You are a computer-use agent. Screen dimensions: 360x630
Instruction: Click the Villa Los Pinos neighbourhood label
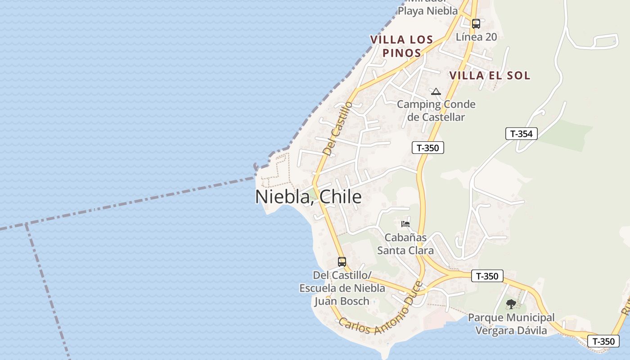click(401, 46)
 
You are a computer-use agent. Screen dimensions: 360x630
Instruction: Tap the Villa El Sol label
click(490, 76)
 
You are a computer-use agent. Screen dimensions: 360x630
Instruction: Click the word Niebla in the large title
click(282, 197)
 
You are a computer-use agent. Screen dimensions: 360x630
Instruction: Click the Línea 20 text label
click(476, 37)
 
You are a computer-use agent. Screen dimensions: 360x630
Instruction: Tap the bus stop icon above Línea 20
click(476, 24)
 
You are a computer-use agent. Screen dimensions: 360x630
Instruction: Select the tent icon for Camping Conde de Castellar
click(436, 92)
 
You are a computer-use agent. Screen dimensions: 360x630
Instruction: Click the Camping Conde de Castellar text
click(436, 111)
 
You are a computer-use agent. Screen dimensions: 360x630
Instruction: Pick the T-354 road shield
click(521, 134)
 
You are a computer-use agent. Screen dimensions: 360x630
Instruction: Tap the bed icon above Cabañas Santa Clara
click(405, 224)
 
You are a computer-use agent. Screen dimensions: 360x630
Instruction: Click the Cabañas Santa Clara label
click(405, 244)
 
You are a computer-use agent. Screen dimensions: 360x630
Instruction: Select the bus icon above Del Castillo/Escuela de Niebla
click(342, 261)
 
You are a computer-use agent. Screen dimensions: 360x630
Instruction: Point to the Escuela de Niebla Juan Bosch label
click(342, 288)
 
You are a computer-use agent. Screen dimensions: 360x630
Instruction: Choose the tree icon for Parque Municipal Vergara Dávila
click(511, 305)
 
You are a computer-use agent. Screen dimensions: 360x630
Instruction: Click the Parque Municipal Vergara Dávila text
click(511, 324)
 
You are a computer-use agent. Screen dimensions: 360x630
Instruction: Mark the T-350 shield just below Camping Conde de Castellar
click(427, 148)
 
